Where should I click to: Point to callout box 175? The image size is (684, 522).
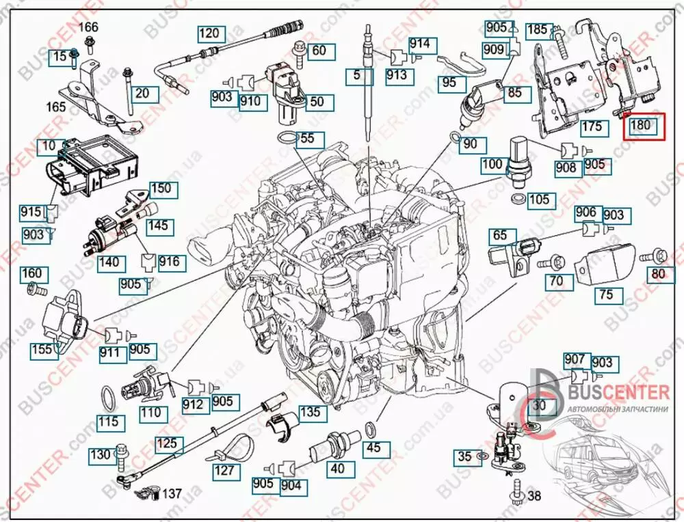(x=592, y=127)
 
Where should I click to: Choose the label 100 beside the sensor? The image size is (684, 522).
(x=492, y=165)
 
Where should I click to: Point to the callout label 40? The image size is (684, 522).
(x=338, y=469)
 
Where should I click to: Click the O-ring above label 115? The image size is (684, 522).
(x=108, y=397)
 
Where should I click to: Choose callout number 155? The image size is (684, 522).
(x=42, y=351)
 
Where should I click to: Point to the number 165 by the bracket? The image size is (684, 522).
(x=56, y=107)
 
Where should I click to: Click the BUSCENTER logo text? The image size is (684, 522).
(x=613, y=392)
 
